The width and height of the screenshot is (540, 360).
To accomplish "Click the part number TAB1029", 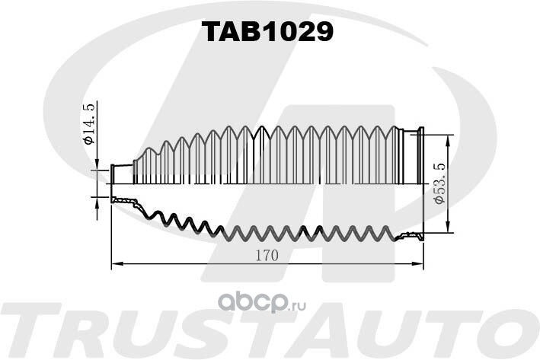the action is coord(267,32).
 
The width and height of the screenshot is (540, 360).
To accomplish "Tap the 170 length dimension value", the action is coord(267,256).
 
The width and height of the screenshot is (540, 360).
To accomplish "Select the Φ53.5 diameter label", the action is coord(440,183).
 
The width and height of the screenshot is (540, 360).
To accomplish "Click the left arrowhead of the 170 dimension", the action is coord(117,264).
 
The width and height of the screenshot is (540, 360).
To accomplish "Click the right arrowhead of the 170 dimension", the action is coord(417,264).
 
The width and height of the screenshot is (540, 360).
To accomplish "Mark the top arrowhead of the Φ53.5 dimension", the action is coord(448,140).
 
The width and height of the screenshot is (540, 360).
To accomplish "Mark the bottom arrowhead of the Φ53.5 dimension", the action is coord(448,227).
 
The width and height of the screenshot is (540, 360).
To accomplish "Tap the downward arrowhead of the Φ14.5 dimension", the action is coord(97,164).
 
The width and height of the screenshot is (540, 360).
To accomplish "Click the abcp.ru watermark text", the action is coord(262,302).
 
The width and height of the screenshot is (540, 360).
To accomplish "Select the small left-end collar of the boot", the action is coord(122,174).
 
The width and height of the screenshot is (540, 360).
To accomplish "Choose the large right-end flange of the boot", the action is coord(420,155).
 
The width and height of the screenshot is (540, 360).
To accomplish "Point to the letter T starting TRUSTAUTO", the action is coord(33,330).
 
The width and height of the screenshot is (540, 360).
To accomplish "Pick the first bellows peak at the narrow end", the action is coord(149,149).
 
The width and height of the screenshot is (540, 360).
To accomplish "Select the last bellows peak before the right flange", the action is coord(395,128).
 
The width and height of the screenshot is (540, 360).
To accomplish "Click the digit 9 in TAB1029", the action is coord(323,32).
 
